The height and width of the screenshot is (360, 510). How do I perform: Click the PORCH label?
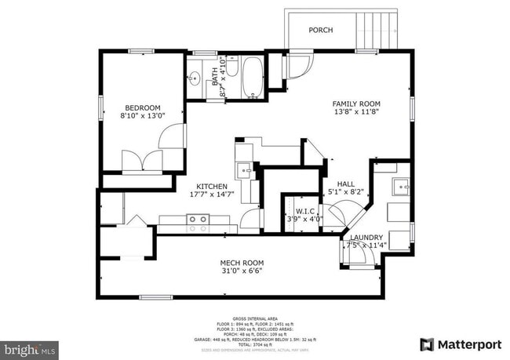point(320,30)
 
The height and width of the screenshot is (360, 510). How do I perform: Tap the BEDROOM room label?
point(142,107)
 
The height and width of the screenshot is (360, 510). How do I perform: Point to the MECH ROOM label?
point(241,263)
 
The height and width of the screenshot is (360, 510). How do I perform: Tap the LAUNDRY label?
point(366,238)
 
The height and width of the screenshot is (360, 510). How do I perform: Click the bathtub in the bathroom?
point(252,78)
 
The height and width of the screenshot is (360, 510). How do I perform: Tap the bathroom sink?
point(195,78)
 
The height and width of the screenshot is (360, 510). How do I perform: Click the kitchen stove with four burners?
point(197,224)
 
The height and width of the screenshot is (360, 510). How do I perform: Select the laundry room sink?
point(399,187)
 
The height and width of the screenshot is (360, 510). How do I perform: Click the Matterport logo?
point(461,344)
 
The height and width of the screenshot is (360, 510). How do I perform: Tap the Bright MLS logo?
point(29,347)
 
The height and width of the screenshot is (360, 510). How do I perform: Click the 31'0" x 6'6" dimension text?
point(241,271)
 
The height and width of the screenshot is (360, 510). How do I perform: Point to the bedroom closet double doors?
point(142,162)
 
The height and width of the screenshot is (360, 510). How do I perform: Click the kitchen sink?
point(245,169)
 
